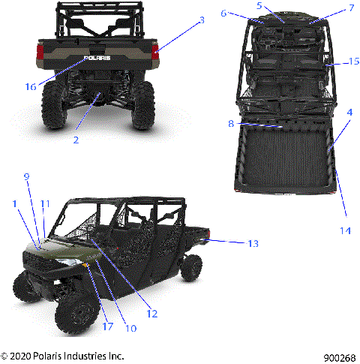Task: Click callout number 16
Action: (31, 86)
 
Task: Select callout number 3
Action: (201, 22)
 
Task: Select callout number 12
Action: (151, 314)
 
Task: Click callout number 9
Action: (27, 177)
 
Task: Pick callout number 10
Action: (133, 327)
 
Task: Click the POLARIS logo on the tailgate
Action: (98, 57)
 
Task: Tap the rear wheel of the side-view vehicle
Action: (190, 265)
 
